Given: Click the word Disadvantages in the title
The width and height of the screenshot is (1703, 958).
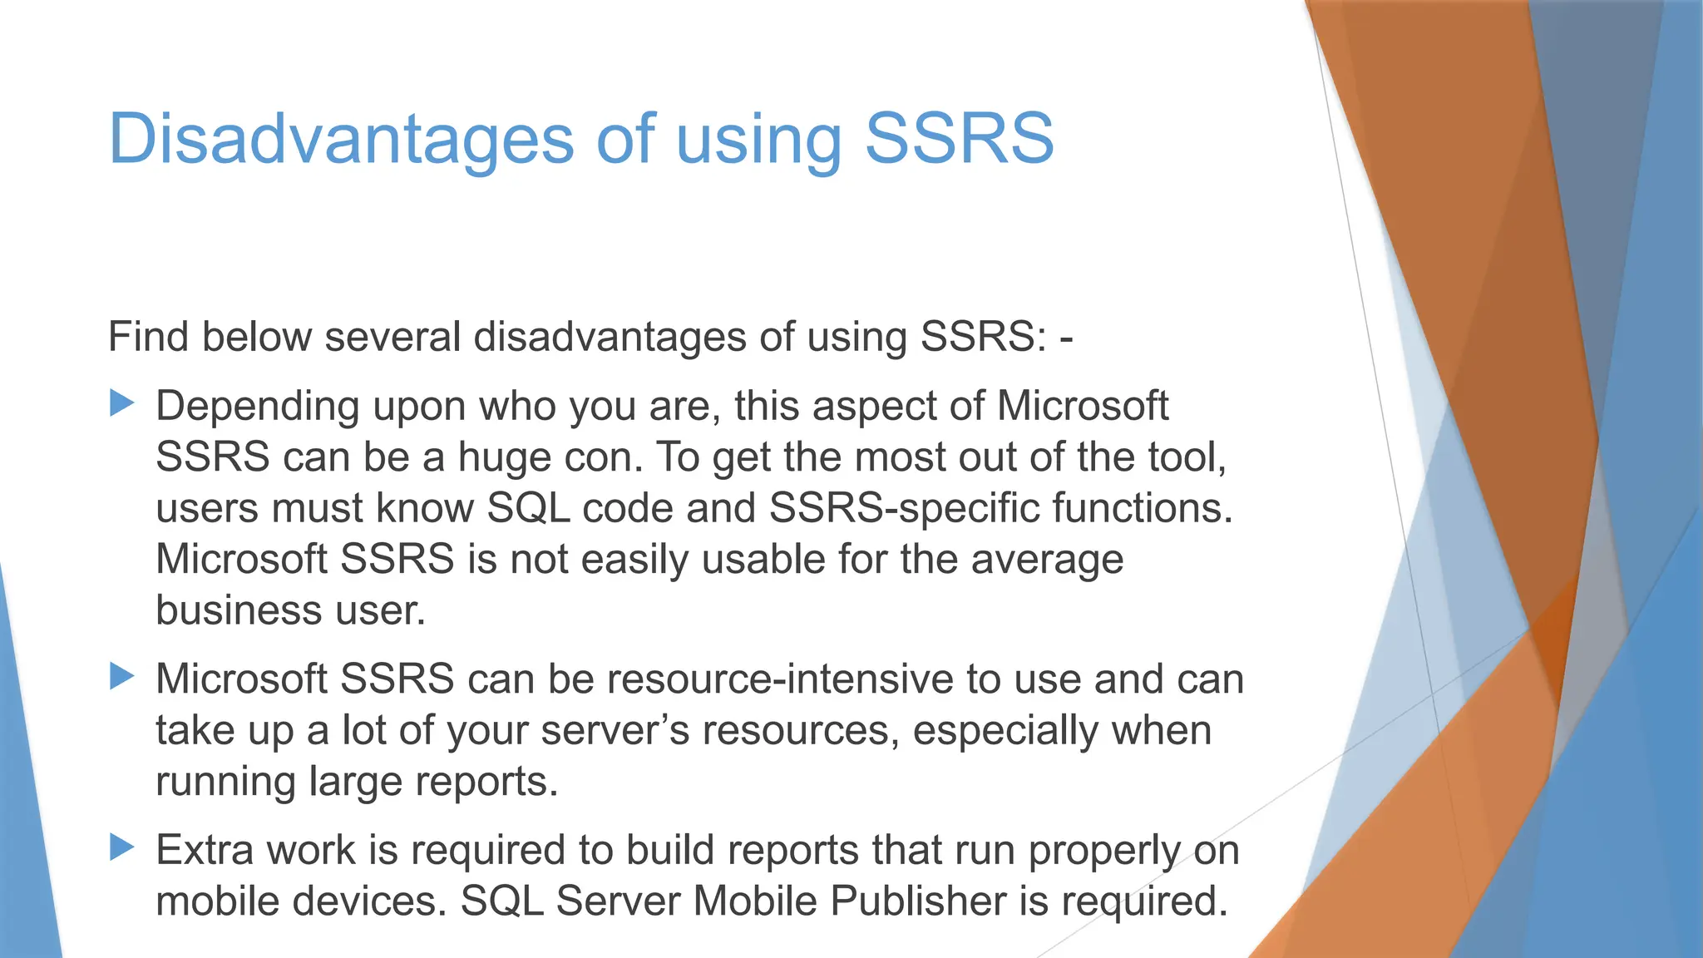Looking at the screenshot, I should coord(341,138).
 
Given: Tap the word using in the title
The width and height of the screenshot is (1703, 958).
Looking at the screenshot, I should coord(758,138).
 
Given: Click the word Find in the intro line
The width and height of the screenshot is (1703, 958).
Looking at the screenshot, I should coord(149,337).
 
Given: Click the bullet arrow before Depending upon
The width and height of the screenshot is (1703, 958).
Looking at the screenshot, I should coord(122,404).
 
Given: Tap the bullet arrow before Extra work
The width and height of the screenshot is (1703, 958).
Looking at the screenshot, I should coord(122,848).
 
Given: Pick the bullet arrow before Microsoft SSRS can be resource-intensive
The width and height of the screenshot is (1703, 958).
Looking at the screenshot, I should coord(122,677).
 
